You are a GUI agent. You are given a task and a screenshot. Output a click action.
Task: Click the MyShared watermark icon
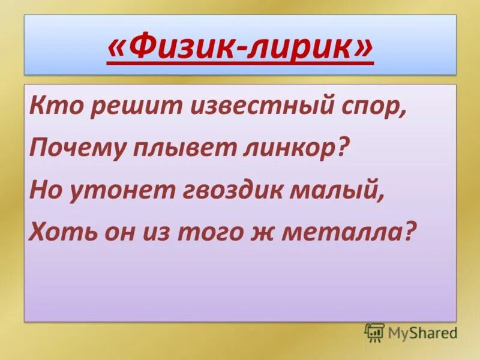point(374,332)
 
